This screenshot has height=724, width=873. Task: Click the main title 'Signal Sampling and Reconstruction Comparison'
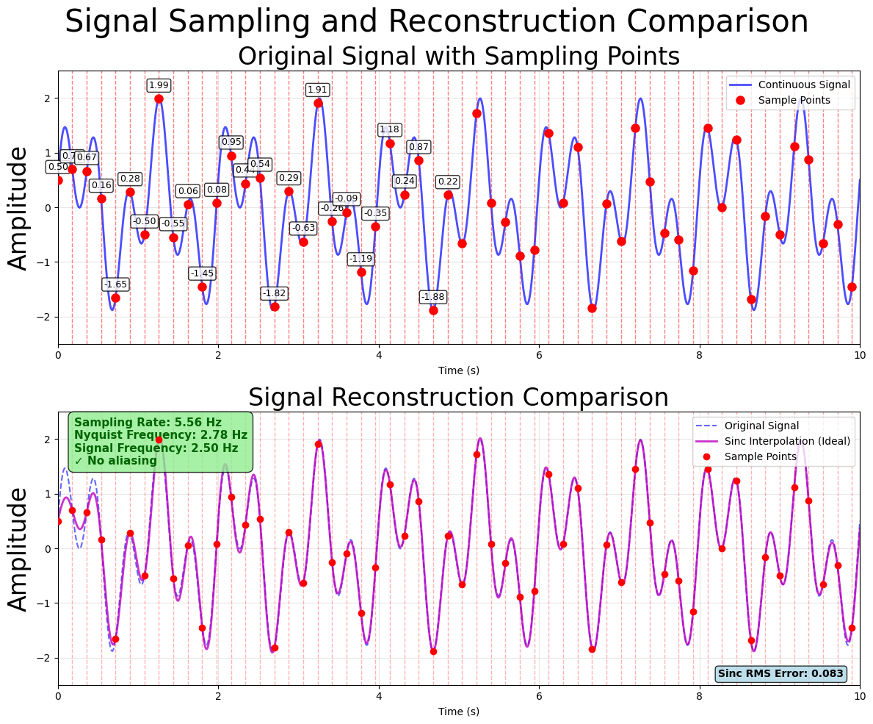[436, 21]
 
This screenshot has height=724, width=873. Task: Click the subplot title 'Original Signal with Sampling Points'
[458, 57]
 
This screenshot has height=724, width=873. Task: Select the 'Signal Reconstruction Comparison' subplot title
[458, 398]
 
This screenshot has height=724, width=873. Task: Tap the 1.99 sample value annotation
[159, 85]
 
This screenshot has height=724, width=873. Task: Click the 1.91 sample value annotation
[317, 90]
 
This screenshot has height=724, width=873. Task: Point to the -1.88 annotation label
[432, 297]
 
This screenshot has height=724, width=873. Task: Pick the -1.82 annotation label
[274, 293]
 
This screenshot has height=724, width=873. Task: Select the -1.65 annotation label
[115, 284]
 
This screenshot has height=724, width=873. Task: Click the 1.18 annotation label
[389, 130]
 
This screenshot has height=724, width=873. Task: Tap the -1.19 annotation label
[361, 259]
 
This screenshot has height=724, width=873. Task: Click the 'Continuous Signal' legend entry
[804, 85]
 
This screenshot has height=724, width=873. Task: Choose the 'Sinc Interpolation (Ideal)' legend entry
[787, 442]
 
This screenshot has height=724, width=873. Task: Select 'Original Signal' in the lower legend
[761, 426]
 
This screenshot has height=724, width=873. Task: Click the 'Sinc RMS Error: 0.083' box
[780, 674]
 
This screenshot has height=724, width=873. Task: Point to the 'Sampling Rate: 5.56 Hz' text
[148, 423]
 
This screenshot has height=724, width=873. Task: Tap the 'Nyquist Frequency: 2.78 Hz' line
[160, 435]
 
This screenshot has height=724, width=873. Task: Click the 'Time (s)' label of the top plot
[458, 370]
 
